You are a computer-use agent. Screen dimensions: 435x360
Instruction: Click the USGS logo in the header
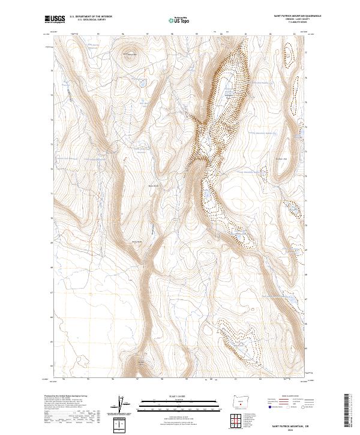tap(55, 20)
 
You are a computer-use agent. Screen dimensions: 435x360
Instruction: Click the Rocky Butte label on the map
tap(137, 241)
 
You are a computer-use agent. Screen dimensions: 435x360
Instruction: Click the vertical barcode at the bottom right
tap(346, 410)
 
